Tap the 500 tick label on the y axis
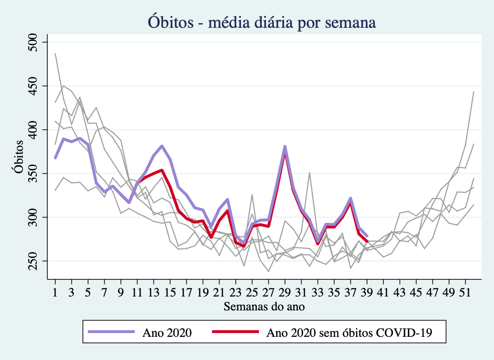36,42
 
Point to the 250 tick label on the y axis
36,261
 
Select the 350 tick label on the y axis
36,173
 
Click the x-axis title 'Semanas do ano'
264,306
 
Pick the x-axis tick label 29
285,293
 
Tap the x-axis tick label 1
55,293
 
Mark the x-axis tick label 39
367,293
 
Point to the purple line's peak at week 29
285,146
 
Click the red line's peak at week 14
162,170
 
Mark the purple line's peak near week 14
162,146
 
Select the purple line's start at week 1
55,158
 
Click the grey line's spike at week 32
310,173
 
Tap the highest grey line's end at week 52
474,92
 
